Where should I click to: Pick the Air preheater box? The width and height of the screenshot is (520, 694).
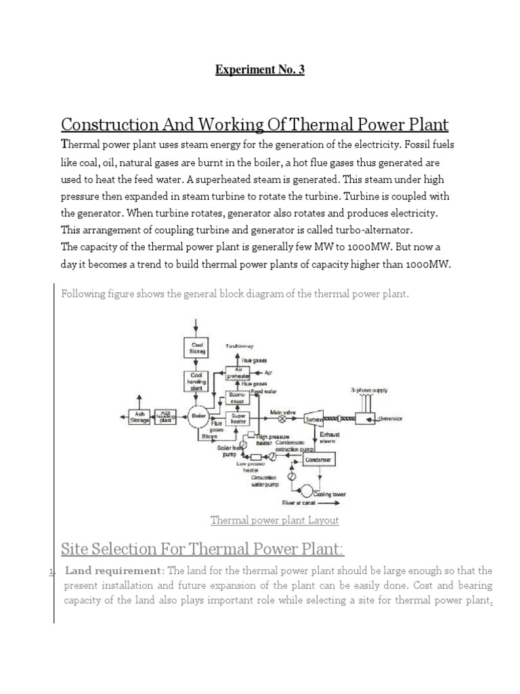pos(242,373)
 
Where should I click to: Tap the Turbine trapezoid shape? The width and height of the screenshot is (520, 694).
pos(316,419)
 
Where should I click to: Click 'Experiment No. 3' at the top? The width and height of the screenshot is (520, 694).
pos(259,70)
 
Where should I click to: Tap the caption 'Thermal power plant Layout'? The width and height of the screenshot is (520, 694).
pos(274,520)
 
